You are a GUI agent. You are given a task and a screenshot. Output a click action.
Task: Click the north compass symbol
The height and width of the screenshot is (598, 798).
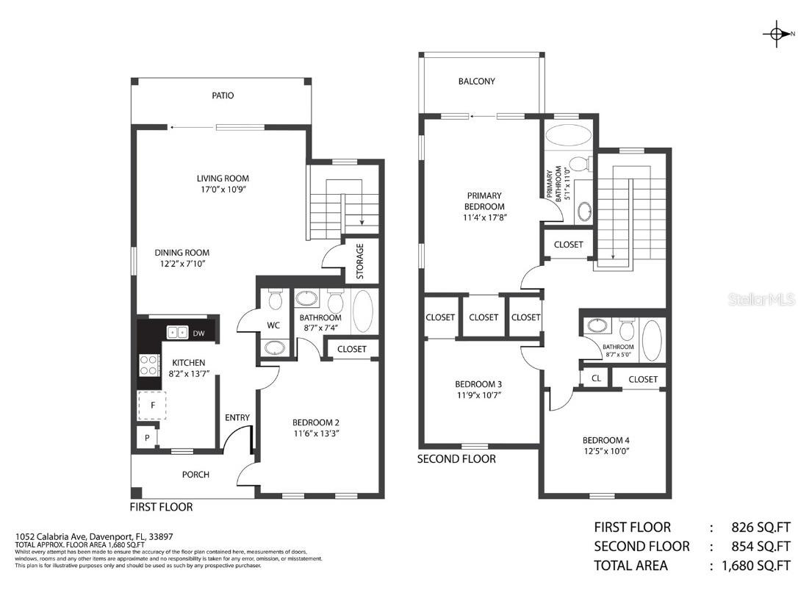pos(776,34)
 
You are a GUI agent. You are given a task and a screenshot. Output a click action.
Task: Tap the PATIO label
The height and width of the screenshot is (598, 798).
pos(223,96)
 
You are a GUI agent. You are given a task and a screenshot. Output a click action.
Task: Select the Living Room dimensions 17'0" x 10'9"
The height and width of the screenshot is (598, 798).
pos(223,190)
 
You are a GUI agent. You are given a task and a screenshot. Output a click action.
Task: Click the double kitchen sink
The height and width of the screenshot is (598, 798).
pos(177,333)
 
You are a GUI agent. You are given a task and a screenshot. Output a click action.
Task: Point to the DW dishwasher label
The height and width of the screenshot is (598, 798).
pos(198,334)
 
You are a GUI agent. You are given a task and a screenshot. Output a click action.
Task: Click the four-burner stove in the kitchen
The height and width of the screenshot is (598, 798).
pos(150,364)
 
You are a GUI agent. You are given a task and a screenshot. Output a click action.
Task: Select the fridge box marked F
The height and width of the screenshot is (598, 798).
pos(153,405)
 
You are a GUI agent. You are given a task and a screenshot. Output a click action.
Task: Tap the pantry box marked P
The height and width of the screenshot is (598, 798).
pos(147,438)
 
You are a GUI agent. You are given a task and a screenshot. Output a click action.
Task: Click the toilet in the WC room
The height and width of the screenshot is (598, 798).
pos(276,300)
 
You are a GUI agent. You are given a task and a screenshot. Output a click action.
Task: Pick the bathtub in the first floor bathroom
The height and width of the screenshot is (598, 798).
pos(363,312)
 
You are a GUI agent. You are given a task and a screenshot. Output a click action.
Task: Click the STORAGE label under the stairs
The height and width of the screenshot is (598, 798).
pos(360,260)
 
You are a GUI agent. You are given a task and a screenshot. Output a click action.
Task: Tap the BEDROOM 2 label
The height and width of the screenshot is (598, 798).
pos(315,422)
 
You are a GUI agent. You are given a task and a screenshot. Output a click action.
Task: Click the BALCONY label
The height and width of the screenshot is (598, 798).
pos(477,82)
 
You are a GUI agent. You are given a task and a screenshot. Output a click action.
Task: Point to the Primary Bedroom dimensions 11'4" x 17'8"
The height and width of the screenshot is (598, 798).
pos(484,217)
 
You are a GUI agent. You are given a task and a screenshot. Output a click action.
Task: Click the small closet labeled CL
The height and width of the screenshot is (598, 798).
pos(595,379)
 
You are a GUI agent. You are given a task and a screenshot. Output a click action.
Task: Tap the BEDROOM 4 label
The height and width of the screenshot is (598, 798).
pos(605,440)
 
